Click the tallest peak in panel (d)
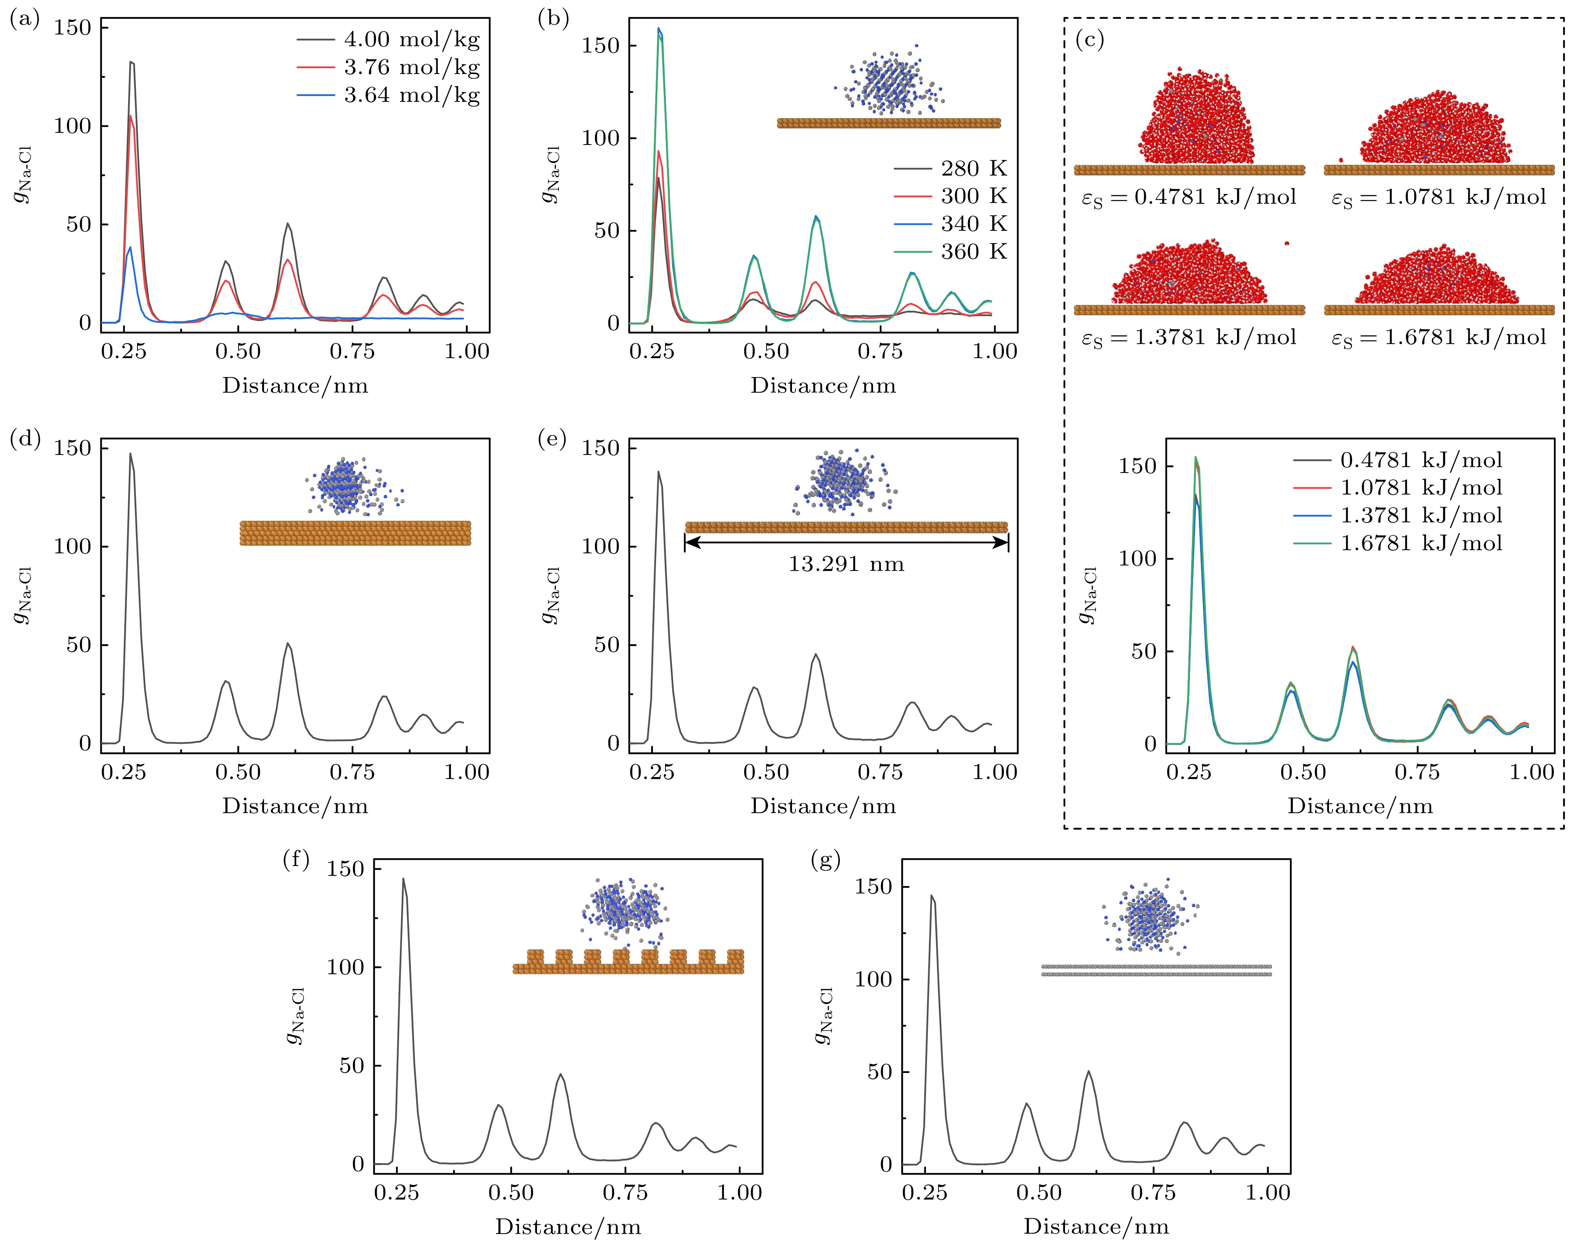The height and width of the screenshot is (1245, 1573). click(x=130, y=454)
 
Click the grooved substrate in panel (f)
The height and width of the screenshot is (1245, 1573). click(x=628, y=962)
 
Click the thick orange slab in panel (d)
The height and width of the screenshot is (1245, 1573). click(x=355, y=533)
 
